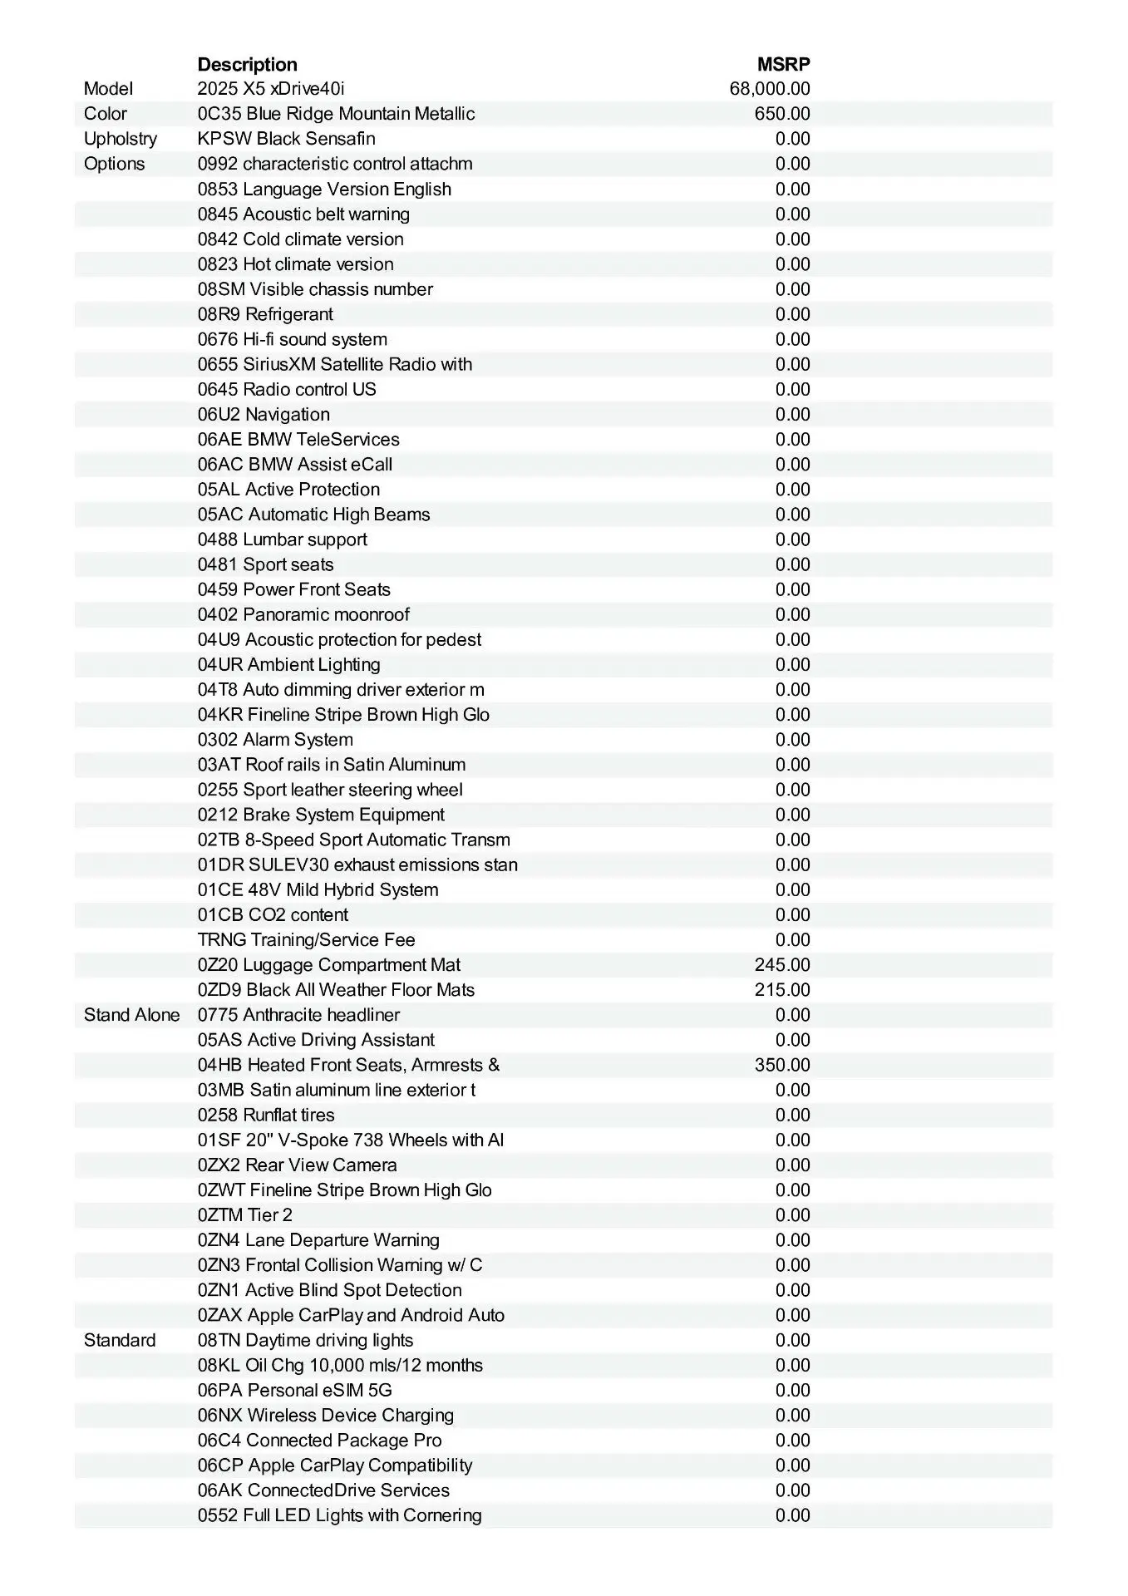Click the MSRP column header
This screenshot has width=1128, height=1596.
point(783,64)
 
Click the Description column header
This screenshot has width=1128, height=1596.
point(247,64)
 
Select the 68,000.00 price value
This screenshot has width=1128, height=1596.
point(770,89)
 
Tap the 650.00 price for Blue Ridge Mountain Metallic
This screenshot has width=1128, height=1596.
point(782,114)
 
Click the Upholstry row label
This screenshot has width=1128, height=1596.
point(121,139)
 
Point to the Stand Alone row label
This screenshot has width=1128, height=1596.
point(131,1015)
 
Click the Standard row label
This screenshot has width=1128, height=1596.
point(120,1340)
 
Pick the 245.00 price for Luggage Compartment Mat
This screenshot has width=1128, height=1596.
point(782,965)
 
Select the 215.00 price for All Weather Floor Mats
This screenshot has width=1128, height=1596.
point(782,990)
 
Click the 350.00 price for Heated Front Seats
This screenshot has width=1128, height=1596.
point(782,1065)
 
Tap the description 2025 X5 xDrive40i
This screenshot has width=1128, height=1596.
point(271,89)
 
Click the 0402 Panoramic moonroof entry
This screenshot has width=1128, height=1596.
point(303,614)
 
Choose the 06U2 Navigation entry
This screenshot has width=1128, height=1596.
point(264,414)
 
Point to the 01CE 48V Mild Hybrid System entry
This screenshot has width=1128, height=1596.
point(318,889)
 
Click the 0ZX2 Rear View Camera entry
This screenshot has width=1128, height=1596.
point(297,1165)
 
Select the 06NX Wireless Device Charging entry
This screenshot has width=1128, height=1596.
point(326,1415)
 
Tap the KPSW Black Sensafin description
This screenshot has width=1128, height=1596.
point(286,139)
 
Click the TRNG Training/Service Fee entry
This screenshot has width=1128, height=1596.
point(306,940)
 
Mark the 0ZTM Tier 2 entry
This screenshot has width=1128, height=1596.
point(245,1215)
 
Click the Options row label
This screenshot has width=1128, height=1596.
point(114,164)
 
